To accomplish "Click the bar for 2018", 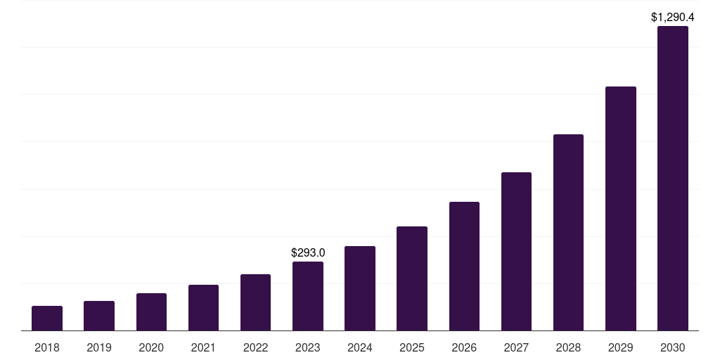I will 47,318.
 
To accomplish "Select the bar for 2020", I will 151,311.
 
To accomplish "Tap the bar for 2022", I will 255,302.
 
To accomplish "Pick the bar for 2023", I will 308,296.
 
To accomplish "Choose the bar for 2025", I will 412,278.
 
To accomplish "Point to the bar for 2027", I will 516,251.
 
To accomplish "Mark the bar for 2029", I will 620,208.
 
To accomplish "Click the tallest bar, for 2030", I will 673,178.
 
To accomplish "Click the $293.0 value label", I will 308,252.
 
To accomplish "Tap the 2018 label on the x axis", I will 47,347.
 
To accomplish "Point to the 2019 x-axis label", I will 99,347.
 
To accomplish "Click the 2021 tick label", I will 203,347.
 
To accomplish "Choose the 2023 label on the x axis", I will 308,347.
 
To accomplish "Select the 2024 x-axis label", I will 360,347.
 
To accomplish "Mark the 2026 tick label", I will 464,347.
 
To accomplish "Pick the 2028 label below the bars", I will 568,347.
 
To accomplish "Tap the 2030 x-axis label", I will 673,347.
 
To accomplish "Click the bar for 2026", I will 464,266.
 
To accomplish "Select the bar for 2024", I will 360,288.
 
